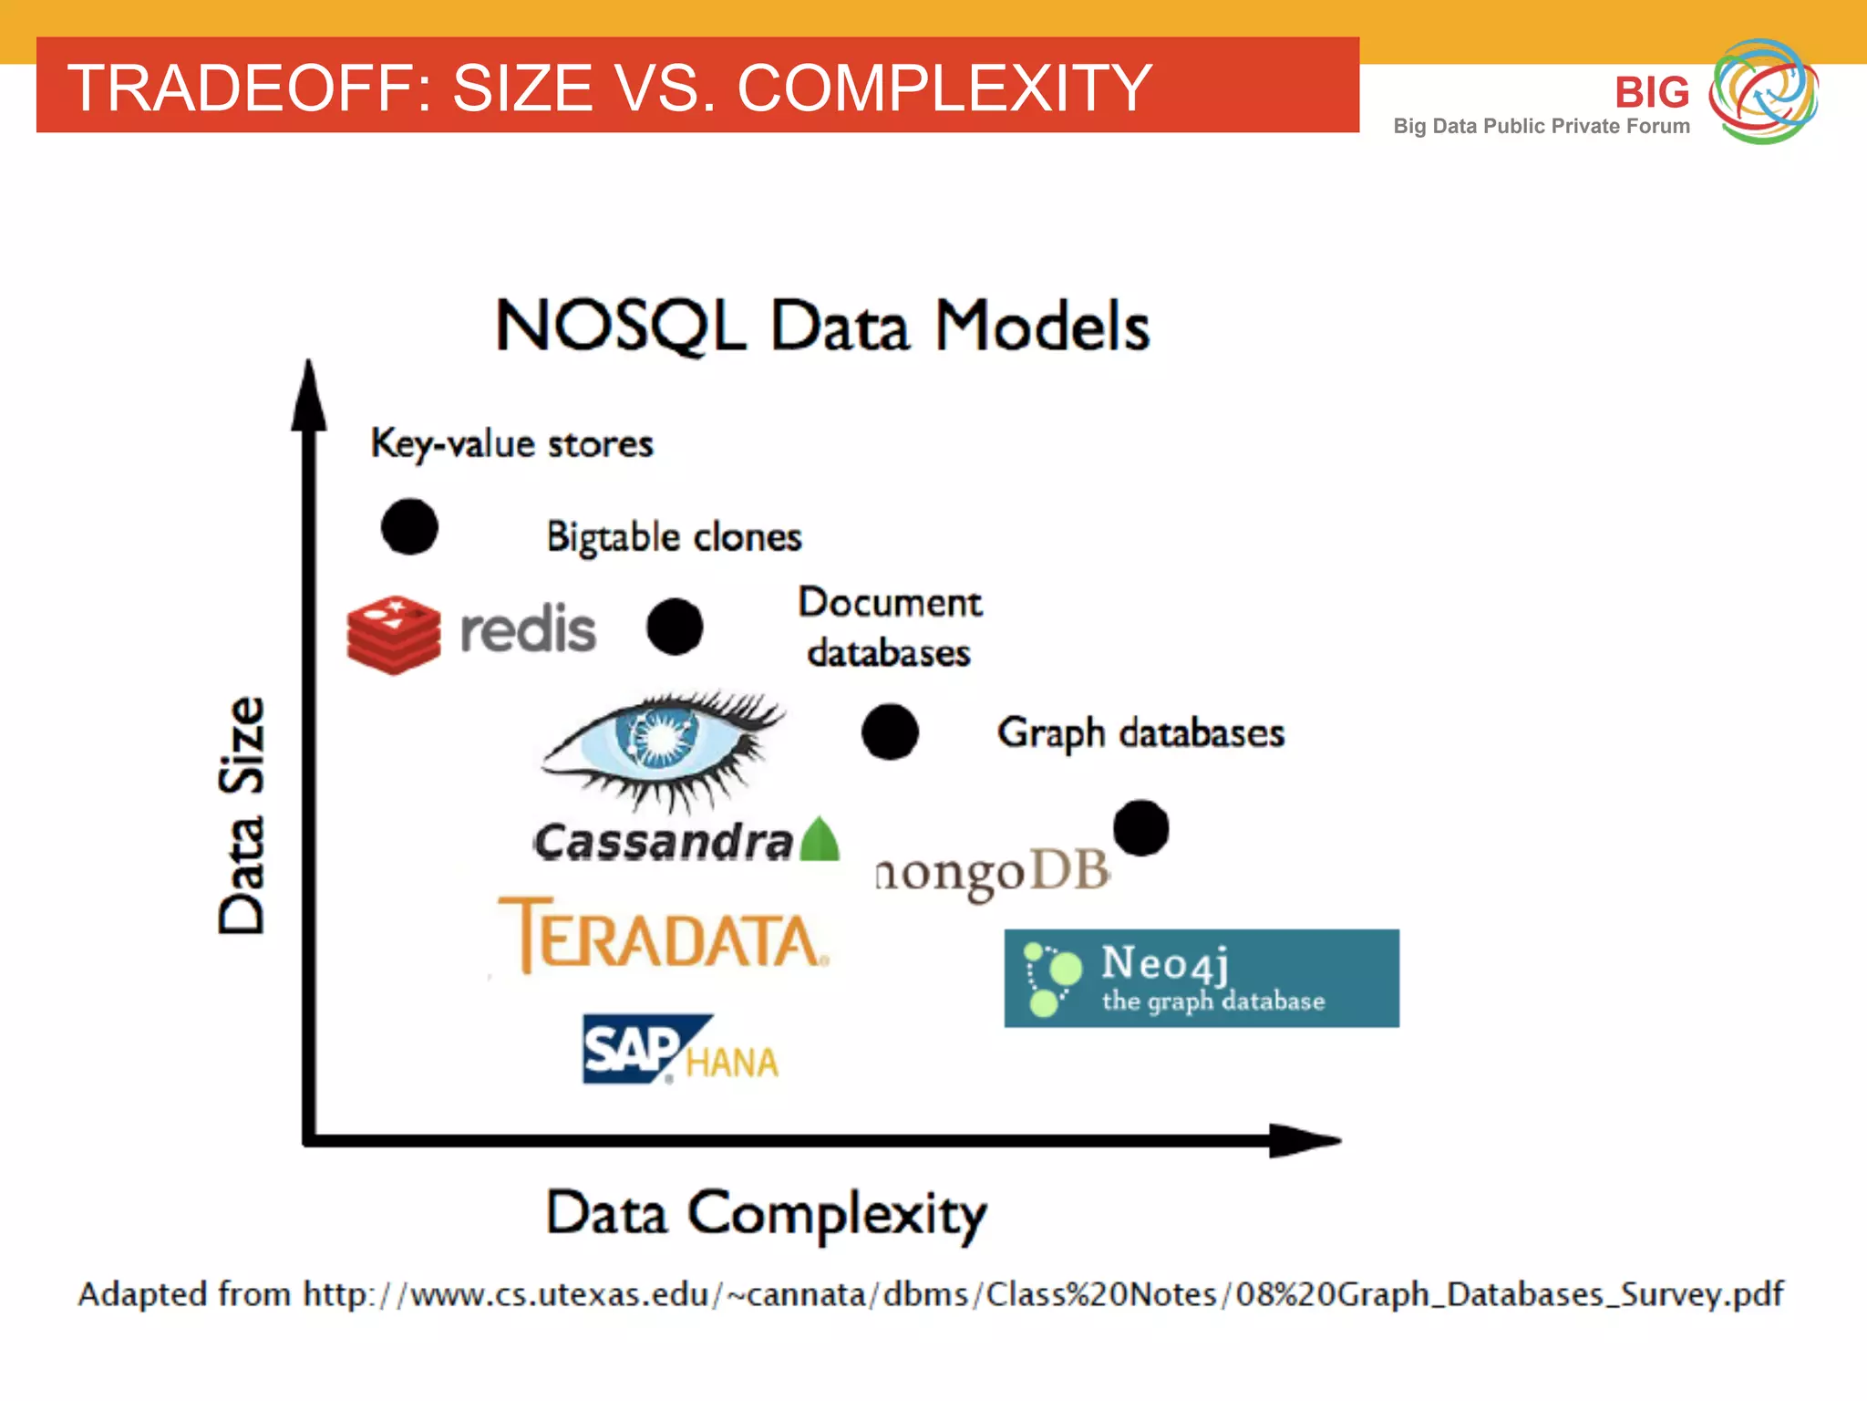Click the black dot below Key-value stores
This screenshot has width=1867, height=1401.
coord(409,527)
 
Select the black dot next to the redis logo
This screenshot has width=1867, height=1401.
coord(675,627)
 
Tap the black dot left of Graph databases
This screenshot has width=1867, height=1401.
coord(890,732)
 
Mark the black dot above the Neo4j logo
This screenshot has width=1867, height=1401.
coord(1140,828)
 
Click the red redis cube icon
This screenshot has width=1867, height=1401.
coord(394,635)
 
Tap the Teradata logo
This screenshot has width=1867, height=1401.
coord(664,937)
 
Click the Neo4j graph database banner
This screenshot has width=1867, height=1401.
coord(1202,979)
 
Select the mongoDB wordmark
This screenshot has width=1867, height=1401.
coord(992,873)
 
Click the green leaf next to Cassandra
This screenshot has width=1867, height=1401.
coord(820,840)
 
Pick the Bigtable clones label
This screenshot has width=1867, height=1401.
coord(674,536)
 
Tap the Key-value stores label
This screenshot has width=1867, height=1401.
coord(511,443)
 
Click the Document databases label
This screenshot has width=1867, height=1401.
coord(890,628)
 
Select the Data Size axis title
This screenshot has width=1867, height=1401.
coord(242,815)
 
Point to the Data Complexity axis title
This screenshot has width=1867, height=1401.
coord(766,1214)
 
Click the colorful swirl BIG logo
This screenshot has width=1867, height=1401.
coord(1762,91)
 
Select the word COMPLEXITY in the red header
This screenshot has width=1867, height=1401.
coord(944,88)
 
